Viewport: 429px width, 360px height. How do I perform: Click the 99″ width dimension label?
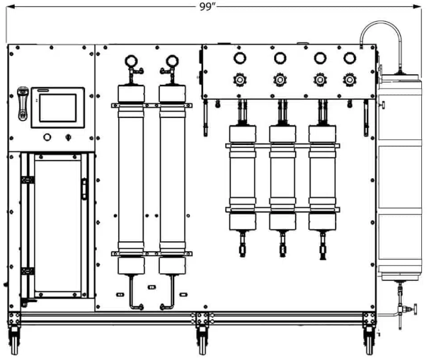pyautogui.click(x=207, y=6)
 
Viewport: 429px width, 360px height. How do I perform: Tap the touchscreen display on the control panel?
pyautogui.click(x=58, y=108)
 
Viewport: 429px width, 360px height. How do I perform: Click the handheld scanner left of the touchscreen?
pyautogui.click(x=23, y=103)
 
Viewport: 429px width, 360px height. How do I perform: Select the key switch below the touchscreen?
pyautogui.click(x=69, y=137)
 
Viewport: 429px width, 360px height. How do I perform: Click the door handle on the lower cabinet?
pyautogui.click(x=84, y=189)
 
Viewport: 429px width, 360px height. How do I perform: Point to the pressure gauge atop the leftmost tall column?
pyautogui.click(x=131, y=61)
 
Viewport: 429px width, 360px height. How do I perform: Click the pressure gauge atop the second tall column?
pyautogui.click(x=172, y=61)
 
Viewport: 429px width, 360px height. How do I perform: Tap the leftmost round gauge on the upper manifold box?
pyautogui.click(x=240, y=58)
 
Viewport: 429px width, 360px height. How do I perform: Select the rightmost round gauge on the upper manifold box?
pyautogui.click(x=350, y=58)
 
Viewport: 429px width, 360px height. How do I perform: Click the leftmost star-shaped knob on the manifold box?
pyautogui.click(x=240, y=80)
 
